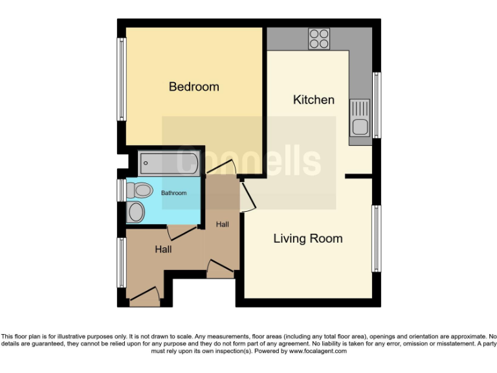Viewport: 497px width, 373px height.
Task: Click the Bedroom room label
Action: (193, 87)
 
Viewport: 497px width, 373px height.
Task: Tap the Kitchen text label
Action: (314, 100)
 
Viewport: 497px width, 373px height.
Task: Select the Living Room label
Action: (307, 238)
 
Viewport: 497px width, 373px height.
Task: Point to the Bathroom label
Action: (173, 193)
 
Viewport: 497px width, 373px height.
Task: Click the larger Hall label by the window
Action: (163, 249)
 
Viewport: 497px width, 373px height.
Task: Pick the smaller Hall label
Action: (223, 224)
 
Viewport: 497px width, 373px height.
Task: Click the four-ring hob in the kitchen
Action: (318, 39)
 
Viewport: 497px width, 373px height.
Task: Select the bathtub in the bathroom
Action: (170, 163)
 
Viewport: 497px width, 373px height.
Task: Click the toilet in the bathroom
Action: (139, 190)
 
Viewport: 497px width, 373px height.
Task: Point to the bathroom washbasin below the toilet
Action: (136, 211)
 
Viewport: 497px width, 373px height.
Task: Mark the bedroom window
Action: (120, 79)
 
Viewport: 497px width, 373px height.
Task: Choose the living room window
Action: (376, 238)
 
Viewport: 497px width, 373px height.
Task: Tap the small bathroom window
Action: (120, 190)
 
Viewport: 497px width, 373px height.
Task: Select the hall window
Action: (120, 262)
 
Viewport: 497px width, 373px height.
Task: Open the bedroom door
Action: (221, 170)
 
